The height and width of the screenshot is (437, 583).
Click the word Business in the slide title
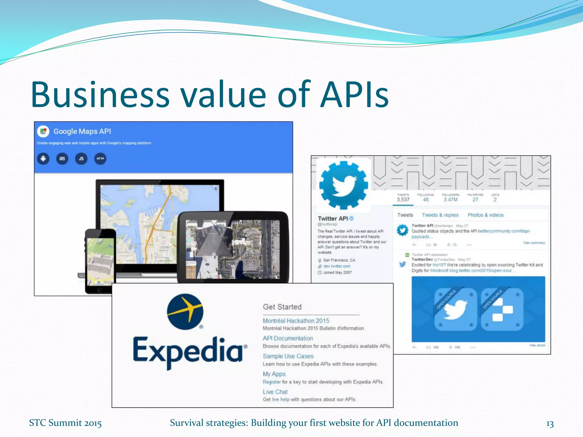click(100, 94)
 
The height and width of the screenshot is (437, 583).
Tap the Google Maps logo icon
click(43, 131)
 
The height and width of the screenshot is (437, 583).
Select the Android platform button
click(43, 159)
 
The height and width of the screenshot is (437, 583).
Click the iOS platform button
click(62, 159)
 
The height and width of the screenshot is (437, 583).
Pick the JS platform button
click(81, 159)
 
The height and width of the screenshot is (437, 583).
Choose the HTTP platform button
click(100, 159)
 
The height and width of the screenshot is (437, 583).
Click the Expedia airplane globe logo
click(185, 312)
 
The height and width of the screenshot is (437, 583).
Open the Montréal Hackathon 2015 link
click(296, 321)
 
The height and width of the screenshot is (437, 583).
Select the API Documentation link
click(288, 338)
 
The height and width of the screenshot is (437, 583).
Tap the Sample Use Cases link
click(288, 356)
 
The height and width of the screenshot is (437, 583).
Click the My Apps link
click(274, 374)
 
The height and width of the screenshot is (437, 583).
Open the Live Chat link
click(275, 392)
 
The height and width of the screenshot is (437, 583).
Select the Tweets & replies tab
click(440, 215)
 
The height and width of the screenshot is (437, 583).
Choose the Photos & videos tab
click(485, 215)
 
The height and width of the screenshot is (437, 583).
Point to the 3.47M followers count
click(450, 199)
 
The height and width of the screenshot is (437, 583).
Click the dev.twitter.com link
click(337, 266)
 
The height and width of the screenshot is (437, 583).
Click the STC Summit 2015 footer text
click(65, 423)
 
